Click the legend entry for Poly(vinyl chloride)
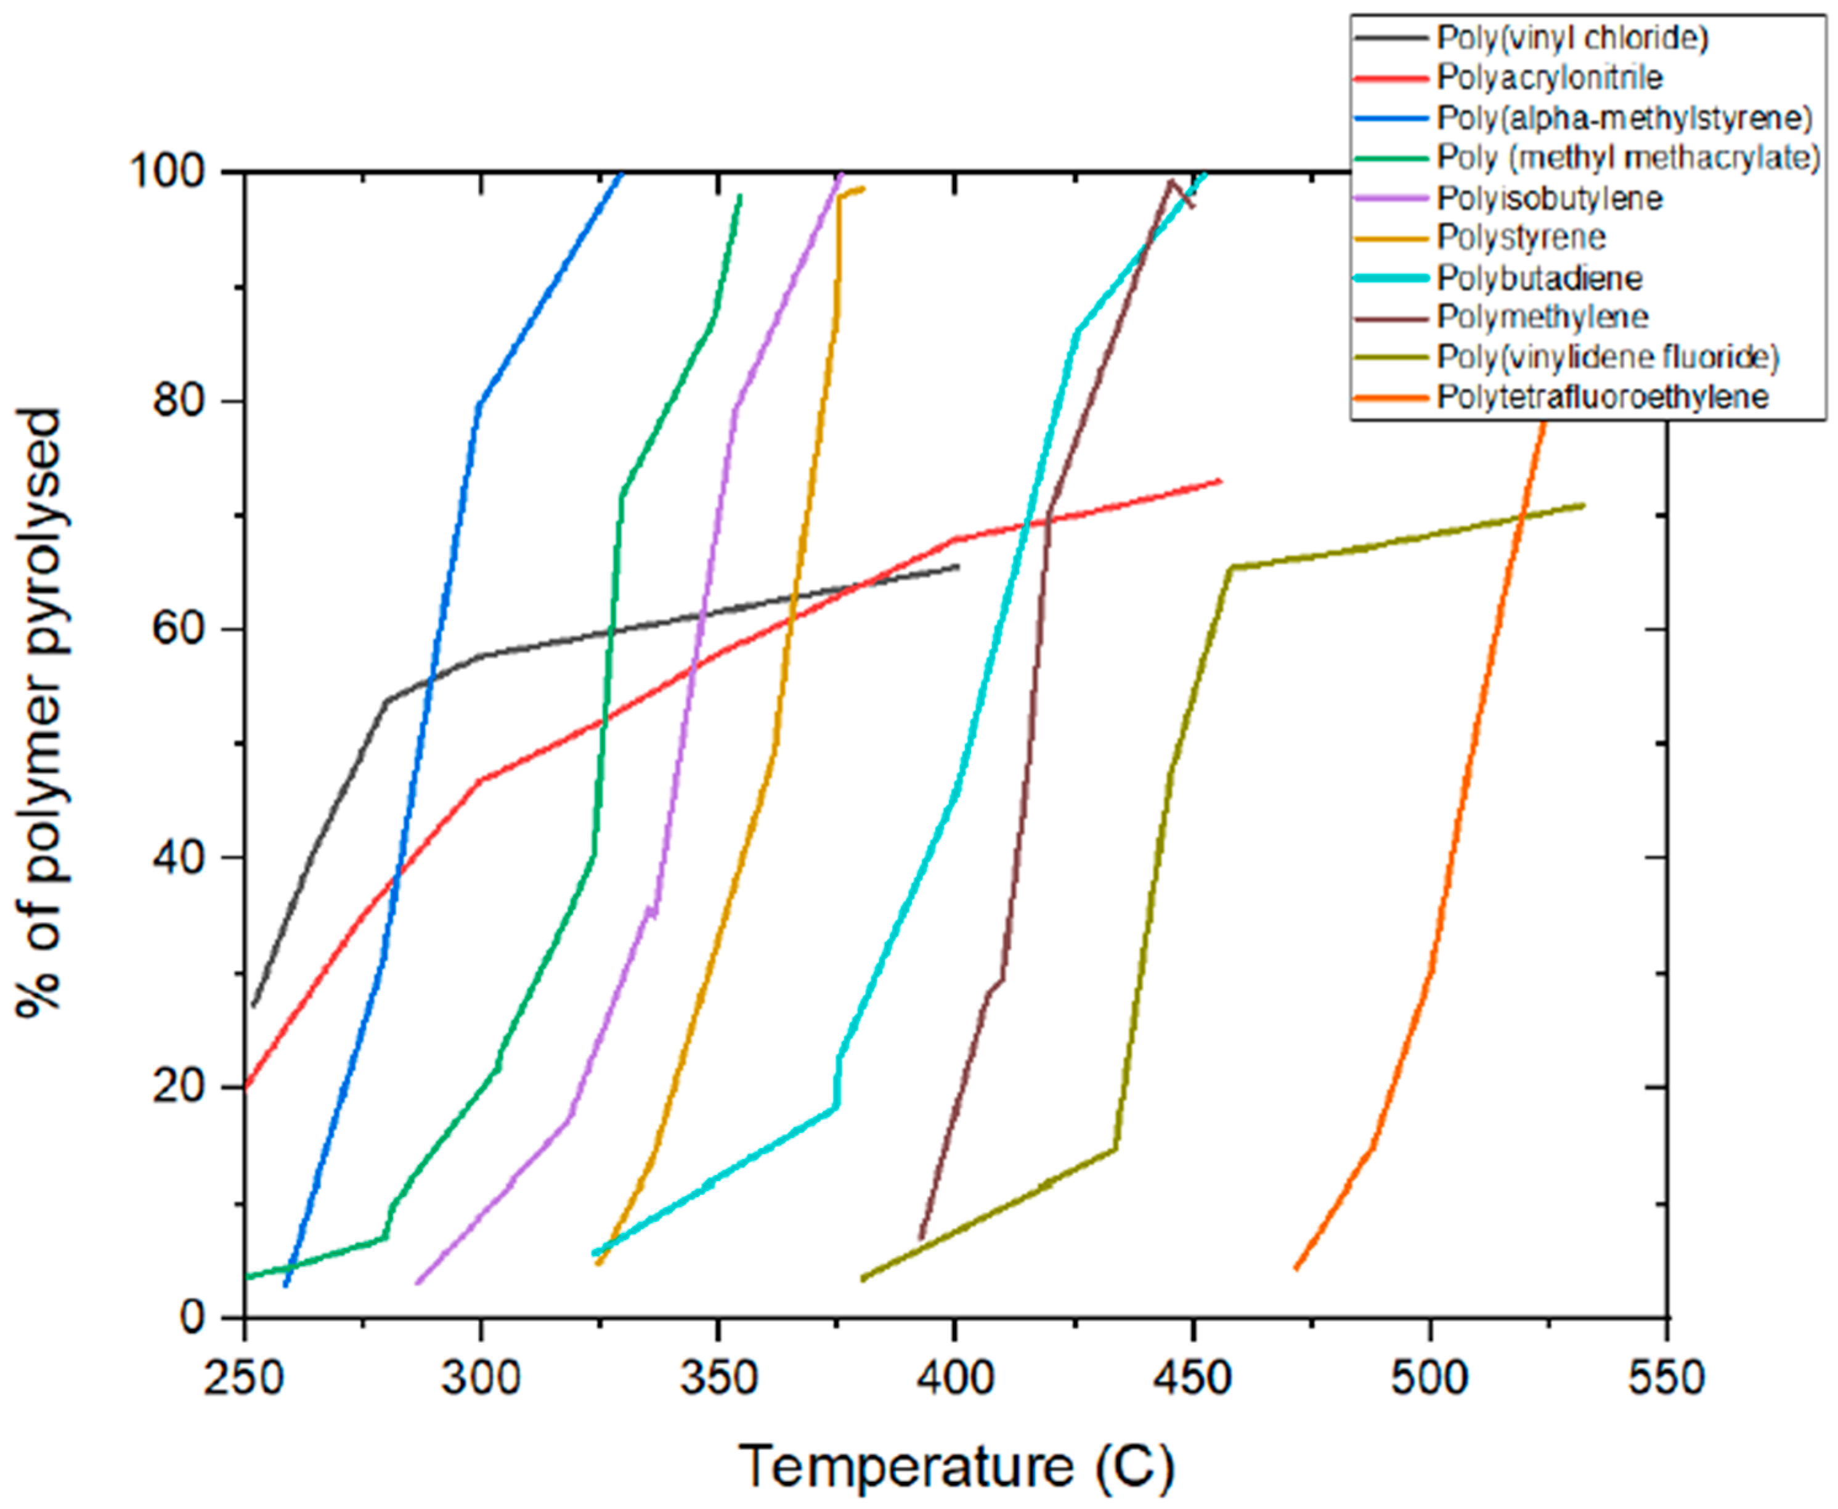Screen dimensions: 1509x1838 coord(1572,38)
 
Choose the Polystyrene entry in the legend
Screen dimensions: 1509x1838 coord(1521,237)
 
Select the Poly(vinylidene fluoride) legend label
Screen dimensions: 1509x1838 coord(1608,357)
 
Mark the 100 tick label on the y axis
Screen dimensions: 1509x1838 coord(168,172)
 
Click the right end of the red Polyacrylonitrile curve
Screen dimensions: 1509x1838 coord(1221,481)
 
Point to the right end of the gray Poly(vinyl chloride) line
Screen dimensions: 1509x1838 coord(958,567)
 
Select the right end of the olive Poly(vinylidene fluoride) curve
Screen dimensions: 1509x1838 coord(1584,505)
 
